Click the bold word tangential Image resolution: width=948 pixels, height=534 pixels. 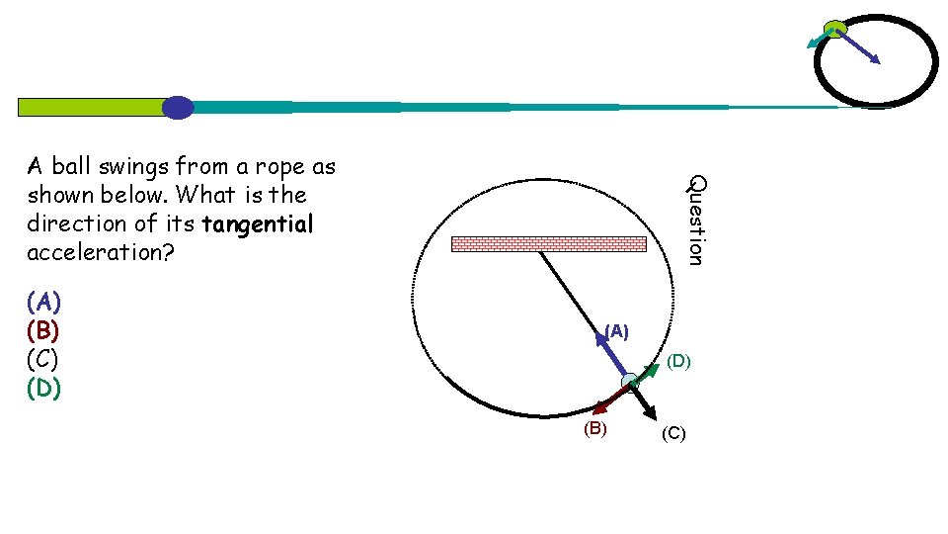point(257,223)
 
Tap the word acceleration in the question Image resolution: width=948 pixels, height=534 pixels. point(100,253)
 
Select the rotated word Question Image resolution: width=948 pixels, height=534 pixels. point(696,220)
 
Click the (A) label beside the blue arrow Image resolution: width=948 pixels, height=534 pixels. point(616,331)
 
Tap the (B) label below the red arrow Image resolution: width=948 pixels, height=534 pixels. point(594,428)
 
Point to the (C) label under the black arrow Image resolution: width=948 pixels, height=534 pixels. point(673,433)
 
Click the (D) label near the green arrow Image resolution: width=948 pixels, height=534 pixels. point(678,362)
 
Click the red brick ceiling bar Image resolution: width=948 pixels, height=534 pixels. point(548,243)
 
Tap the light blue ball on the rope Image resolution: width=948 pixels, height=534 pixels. point(629,382)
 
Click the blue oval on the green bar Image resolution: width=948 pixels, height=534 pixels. point(178,107)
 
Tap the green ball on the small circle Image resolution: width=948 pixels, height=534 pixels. point(835,29)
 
